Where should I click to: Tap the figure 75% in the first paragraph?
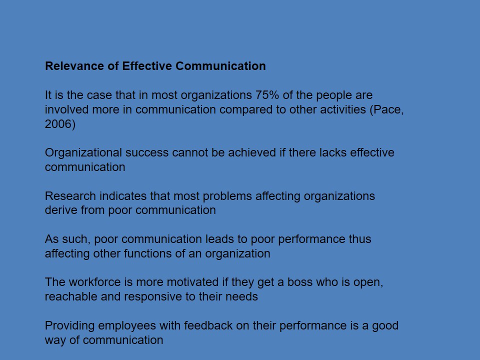point(267,95)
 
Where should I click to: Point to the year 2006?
point(58,124)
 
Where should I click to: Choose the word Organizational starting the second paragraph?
point(83,153)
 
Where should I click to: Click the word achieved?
point(252,153)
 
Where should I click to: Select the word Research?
point(70,196)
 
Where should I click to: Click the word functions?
point(145,253)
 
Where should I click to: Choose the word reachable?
point(71,296)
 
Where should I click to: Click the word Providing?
point(69,325)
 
